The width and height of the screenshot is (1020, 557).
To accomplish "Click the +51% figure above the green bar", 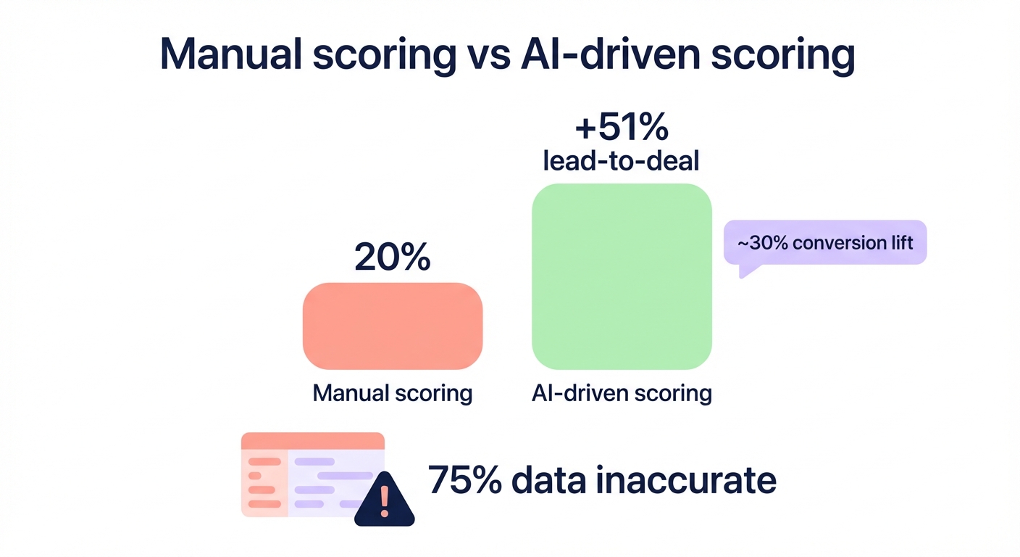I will [x=621, y=129].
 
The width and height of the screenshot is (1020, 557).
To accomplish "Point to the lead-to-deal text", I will [x=621, y=160].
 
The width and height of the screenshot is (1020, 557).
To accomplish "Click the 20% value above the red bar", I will [x=392, y=258].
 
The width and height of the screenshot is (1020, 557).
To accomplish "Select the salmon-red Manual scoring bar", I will [x=392, y=326].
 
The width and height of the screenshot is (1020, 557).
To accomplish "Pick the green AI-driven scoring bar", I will [x=622, y=276].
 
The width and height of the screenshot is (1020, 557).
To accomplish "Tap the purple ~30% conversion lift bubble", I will [x=825, y=242].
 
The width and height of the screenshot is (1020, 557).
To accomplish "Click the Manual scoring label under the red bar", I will [x=392, y=393].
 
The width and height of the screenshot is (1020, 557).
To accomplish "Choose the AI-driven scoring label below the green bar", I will [x=622, y=393].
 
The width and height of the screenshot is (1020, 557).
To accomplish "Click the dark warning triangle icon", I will [x=384, y=500].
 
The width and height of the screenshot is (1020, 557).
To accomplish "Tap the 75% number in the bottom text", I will [x=461, y=481].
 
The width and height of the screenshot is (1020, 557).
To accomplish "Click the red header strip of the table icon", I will [x=312, y=440].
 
